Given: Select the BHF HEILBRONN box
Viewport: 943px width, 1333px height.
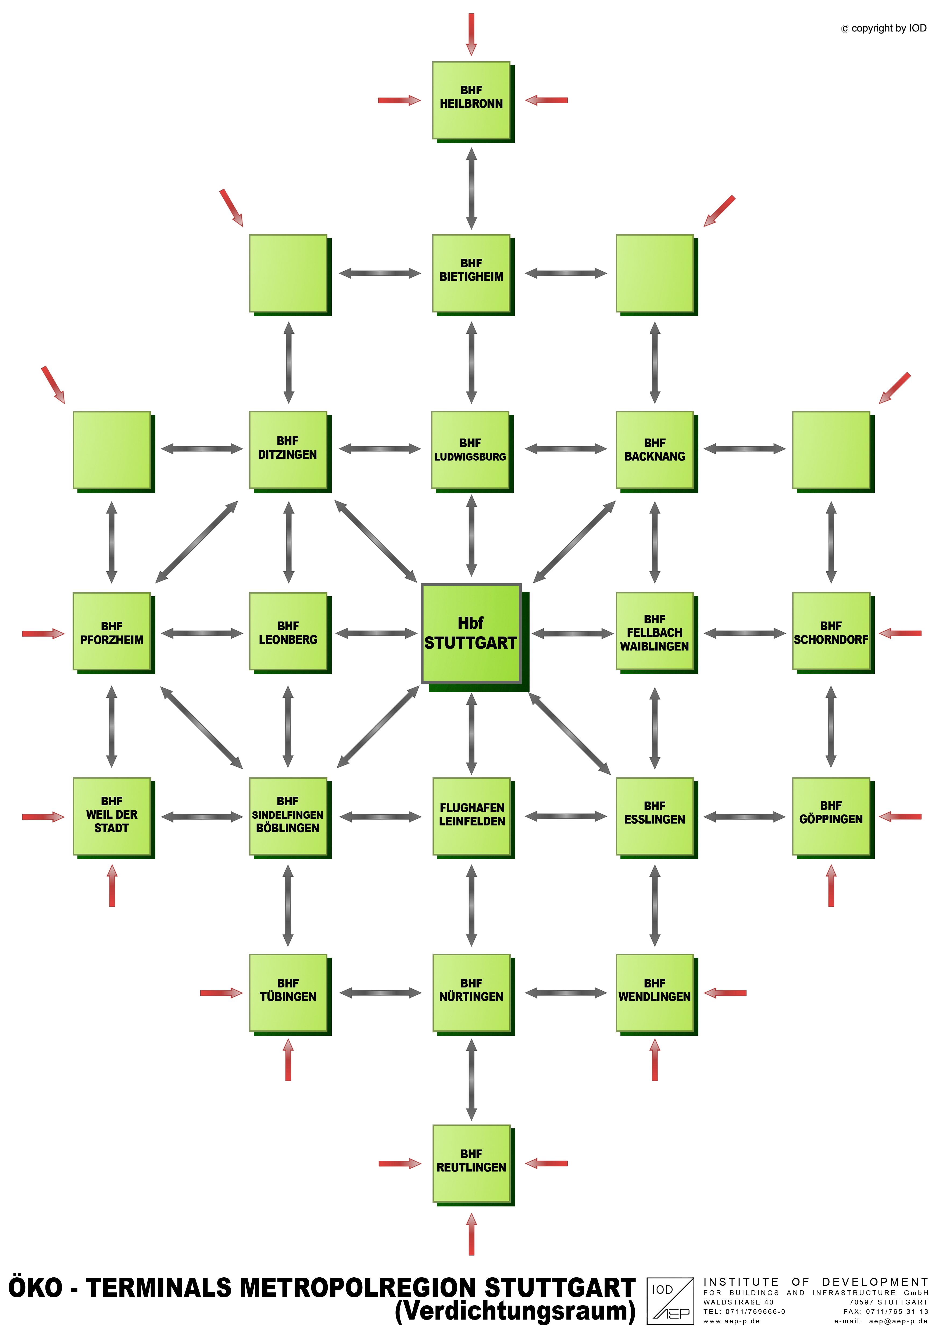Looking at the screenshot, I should pos(471,100).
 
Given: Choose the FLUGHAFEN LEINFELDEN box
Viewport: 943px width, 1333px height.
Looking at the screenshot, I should pos(471,816).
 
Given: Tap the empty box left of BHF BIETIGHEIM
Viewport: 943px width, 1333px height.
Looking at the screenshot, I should pos(288,273).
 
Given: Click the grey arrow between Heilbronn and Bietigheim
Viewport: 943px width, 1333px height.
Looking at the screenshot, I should pos(471,188).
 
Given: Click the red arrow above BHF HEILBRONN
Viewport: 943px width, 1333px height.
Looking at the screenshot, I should pos(471,34).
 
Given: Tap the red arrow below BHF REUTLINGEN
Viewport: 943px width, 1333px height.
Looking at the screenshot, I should pos(471,1234).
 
